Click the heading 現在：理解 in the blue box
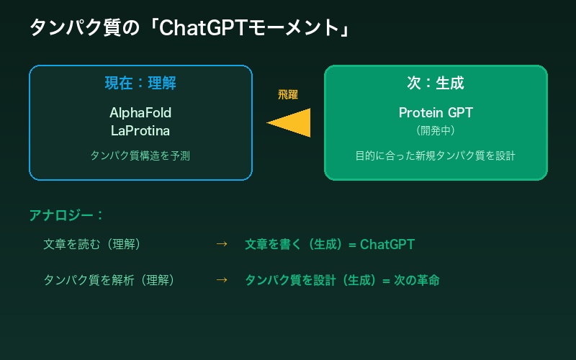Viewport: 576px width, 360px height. (x=140, y=83)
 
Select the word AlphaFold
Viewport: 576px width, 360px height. (x=140, y=113)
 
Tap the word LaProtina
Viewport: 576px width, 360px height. (x=140, y=130)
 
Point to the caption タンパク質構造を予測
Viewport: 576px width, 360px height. (x=140, y=155)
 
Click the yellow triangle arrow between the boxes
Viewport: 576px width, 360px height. (x=292, y=122)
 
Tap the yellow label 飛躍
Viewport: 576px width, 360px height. (x=288, y=94)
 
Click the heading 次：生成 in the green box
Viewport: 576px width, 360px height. (x=436, y=83)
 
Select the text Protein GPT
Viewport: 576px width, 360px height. (x=436, y=113)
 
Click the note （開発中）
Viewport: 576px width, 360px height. (x=436, y=130)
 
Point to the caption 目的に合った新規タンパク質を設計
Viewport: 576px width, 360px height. (x=436, y=155)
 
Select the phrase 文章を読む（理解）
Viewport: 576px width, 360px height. (x=92, y=244)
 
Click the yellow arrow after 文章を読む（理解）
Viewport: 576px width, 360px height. (x=222, y=244)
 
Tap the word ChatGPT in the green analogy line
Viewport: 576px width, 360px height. (x=387, y=244)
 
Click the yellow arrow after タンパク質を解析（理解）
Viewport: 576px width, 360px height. (x=222, y=279)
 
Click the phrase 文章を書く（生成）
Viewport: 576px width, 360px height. (x=295, y=244)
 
